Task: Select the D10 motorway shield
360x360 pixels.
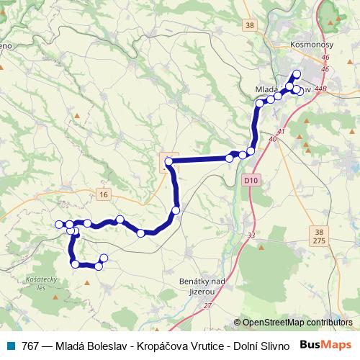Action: click(x=250, y=179)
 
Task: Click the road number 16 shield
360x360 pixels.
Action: click(x=104, y=194)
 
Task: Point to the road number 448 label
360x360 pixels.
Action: click(x=320, y=89)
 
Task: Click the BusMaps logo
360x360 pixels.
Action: click(x=326, y=345)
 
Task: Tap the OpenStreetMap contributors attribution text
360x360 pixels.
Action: click(x=297, y=323)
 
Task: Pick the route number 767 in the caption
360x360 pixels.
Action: click(x=30, y=346)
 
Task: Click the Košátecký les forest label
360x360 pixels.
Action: click(x=31, y=283)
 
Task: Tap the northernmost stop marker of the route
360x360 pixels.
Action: click(x=297, y=73)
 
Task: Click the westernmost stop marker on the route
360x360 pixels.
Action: click(x=59, y=225)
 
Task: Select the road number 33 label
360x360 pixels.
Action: click(x=251, y=235)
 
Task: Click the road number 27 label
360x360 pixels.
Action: click(x=207, y=306)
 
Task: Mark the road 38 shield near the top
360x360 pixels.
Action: click(x=249, y=25)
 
